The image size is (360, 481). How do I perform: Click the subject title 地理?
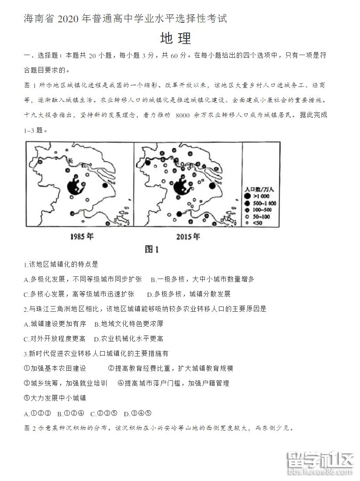pyautogui.click(x=176, y=38)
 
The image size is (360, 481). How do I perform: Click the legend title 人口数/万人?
pyautogui.click(x=260, y=189)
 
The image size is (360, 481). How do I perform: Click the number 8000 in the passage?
pyautogui.click(x=181, y=115)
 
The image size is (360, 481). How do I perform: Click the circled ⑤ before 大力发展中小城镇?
pyautogui.click(x=27, y=398)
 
